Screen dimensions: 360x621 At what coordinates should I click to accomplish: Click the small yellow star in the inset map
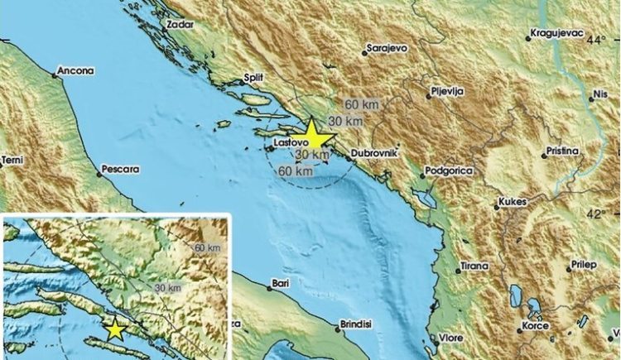pos(115,330)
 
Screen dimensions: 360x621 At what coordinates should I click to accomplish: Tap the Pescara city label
pos(118,170)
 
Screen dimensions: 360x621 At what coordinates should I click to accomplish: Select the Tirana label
pos(474,266)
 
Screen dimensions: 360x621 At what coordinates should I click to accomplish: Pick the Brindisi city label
pos(359,325)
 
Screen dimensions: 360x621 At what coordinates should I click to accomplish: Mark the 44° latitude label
pos(596,39)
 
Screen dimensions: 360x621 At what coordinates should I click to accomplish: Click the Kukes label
pos(512,203)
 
